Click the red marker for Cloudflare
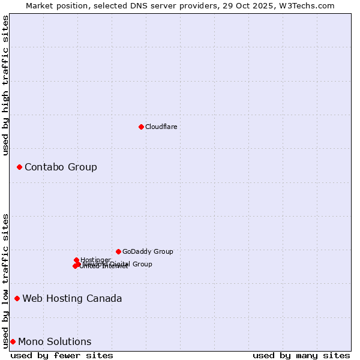[141, 127]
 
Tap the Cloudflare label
[161, 127]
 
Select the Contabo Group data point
[19, 167]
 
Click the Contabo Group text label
[61, 167]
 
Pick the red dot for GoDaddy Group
[118, 251]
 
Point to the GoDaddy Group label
[148, 251]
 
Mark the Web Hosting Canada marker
[17, 298]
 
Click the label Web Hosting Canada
[72, 298]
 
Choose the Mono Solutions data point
[13, 341]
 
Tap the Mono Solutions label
[55, 341]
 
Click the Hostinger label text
[95, 260]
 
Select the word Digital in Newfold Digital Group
[119, 264]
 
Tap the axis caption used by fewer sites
[62, 355]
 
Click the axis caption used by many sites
[301, 355]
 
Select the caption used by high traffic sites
[5, 85]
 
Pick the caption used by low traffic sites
[5, 280]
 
